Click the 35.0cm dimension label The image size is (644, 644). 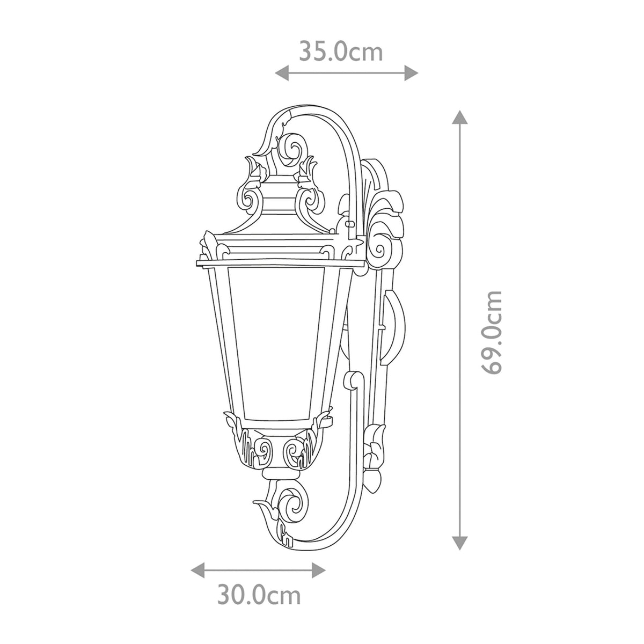[341, 52]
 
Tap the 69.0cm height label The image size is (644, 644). [492, 333]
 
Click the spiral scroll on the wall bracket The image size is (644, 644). [380, 248]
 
